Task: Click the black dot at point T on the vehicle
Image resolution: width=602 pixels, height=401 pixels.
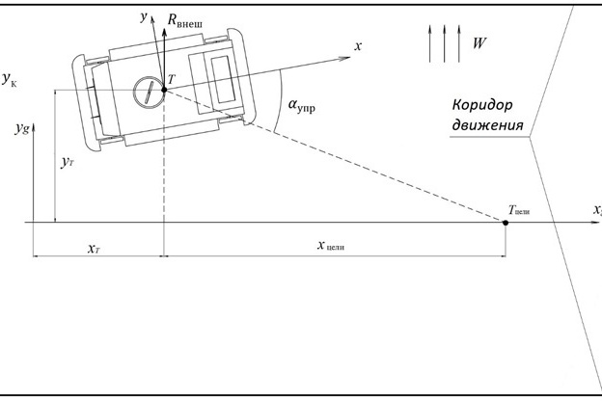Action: (164, 90)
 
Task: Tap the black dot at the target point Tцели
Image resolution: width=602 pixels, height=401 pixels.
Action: (506, 223)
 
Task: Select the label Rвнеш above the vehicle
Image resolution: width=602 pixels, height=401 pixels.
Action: (184, 21)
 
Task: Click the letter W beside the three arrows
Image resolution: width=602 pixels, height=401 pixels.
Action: (479, 43)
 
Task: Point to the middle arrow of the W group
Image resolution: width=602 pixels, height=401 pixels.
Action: (444, 43)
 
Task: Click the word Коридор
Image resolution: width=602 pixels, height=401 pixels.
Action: (482, 105)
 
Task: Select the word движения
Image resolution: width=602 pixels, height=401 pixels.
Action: (487, 125)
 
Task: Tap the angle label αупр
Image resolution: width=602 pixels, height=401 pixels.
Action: (301, 105)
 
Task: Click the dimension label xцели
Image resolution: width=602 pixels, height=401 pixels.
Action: (331, 246)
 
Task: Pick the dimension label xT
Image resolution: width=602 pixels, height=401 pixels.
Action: (94, 249)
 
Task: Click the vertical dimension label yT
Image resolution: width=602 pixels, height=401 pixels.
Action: (68, 163)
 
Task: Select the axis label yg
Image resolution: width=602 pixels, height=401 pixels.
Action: (22, 128)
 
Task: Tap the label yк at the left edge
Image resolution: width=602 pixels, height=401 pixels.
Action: (10, 79)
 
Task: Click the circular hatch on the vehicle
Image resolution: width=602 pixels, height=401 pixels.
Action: (149, 93)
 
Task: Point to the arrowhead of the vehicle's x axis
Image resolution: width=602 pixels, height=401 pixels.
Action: (344, 59)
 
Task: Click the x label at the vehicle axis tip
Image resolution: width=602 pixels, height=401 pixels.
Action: (358, 46)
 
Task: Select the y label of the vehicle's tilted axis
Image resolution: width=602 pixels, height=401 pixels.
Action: (144, 17)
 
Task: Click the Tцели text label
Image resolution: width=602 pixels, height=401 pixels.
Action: (519, 210)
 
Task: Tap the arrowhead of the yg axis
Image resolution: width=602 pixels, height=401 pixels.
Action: (34, 127)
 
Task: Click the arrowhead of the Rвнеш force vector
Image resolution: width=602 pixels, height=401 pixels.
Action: (164, 32)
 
